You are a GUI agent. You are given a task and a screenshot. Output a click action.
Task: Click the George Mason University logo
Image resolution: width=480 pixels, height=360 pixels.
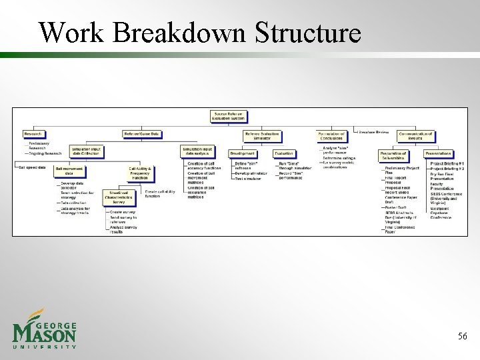pyautogui.click(x=45, y=329)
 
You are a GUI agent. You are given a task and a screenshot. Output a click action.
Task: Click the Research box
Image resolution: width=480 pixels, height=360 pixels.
pyautogui.click(x=33, y=134)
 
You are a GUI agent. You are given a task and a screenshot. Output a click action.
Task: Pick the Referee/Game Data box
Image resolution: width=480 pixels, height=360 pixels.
pyautogui.click(x=141, y=134)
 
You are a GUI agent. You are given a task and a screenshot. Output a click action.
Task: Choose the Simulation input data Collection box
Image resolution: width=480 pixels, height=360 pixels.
pyautogui.click(x=85, y=151)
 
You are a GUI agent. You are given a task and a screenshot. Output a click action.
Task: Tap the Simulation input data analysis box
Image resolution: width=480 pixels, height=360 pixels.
pyautogui.click(x=197, y=151)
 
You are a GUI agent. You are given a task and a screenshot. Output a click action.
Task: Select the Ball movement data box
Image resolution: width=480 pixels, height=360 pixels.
pyautogui.click(x=69, y=171)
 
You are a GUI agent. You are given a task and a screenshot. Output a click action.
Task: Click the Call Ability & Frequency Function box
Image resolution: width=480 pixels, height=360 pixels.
pyautogui.click(x=141, y=173)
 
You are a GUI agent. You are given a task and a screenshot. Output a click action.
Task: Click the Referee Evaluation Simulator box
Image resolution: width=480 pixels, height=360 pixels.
pyautogui.click(x=262, y=136)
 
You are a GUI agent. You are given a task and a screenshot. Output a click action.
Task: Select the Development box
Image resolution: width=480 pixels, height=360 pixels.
pyautogui.click(x=243, y=153)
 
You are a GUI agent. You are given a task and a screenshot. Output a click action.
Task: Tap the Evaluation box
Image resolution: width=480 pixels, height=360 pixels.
pyautogui.click(x=283, y=153)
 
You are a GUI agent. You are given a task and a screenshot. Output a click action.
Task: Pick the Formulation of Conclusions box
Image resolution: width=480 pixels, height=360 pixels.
pyautogui.click(x=331, y=136)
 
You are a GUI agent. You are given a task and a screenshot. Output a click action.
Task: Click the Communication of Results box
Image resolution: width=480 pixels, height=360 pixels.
pyautogui.click(x=415, y=136)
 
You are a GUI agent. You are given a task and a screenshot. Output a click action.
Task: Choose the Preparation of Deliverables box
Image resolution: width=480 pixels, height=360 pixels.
pyautogui.click(x=393, y=155)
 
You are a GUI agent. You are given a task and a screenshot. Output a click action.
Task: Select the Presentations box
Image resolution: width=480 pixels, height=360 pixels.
pyautogui.click(x=437, y=153)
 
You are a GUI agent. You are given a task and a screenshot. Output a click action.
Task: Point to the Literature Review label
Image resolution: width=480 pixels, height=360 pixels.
pyautogui.click(x=374, y=132)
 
